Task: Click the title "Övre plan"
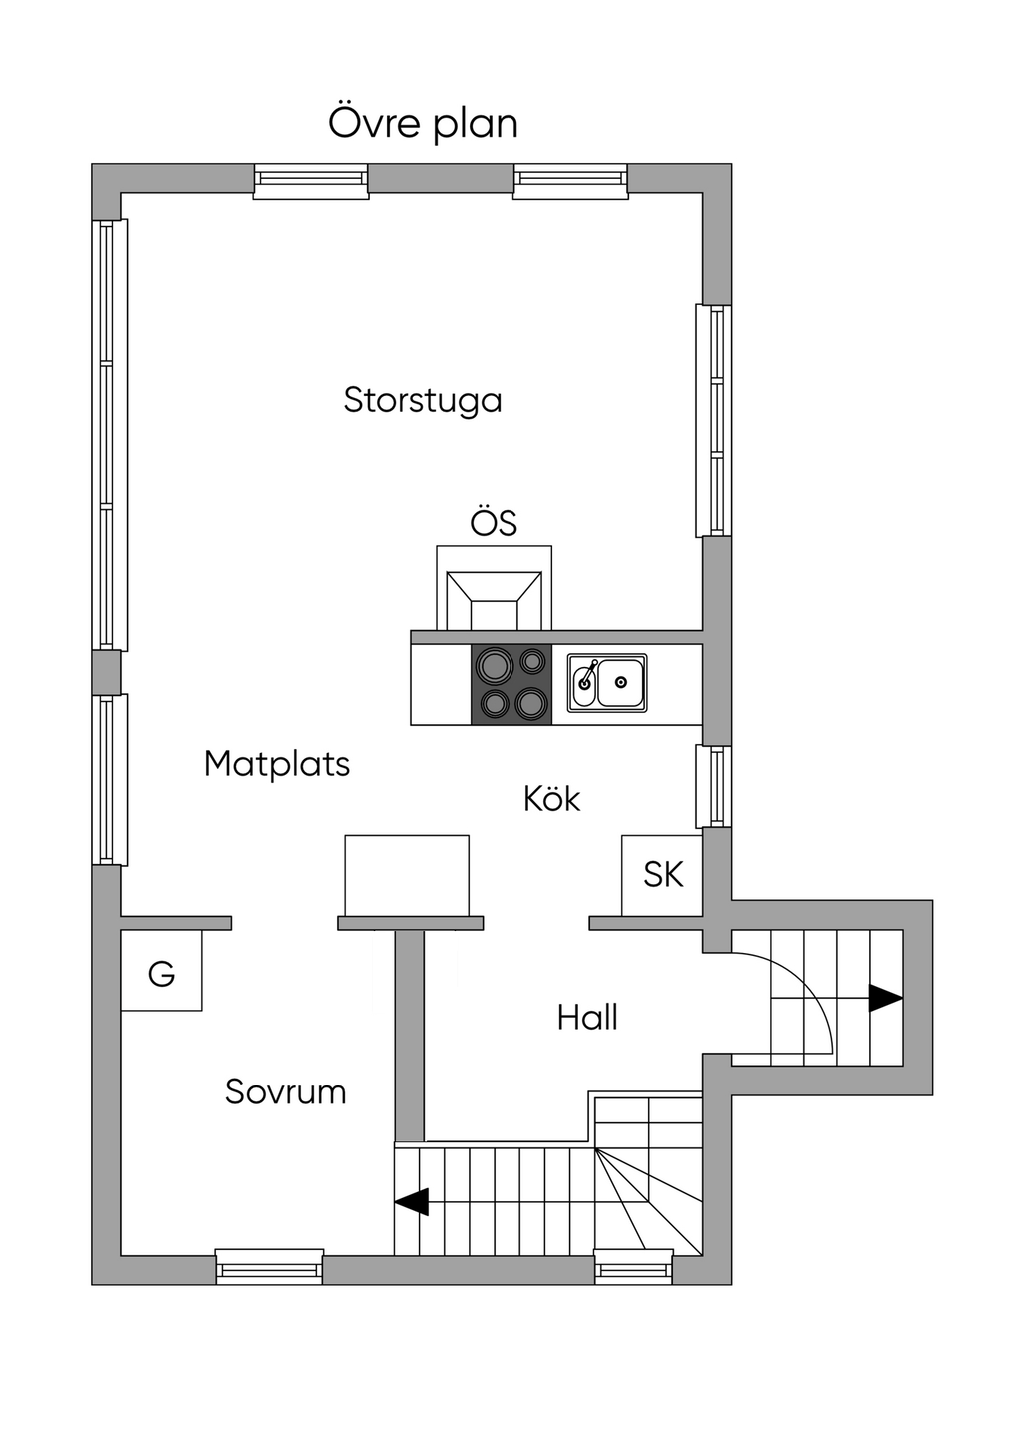423,124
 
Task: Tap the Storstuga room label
422,400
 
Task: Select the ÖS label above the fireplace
494,523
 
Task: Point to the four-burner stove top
511,684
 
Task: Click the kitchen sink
607,683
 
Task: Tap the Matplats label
277,764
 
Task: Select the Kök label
551,799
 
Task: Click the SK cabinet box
662,875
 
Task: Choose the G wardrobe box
161,972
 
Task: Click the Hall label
587,1018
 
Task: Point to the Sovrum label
285,1091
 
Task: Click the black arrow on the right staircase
885,998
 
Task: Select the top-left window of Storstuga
310,180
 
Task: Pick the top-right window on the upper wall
570,180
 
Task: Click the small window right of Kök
714,786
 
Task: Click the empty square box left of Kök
407,875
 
